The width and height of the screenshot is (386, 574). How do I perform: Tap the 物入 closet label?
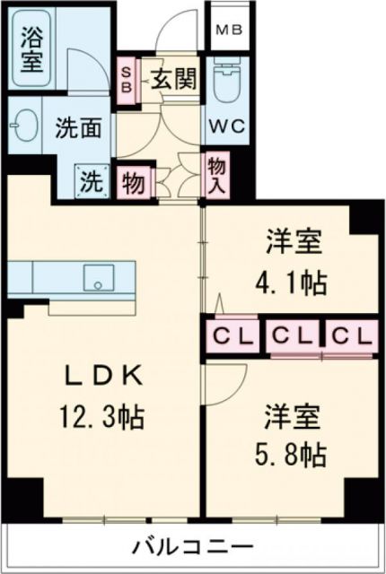(215, 172)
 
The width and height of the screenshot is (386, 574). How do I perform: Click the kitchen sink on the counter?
(95, 277)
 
